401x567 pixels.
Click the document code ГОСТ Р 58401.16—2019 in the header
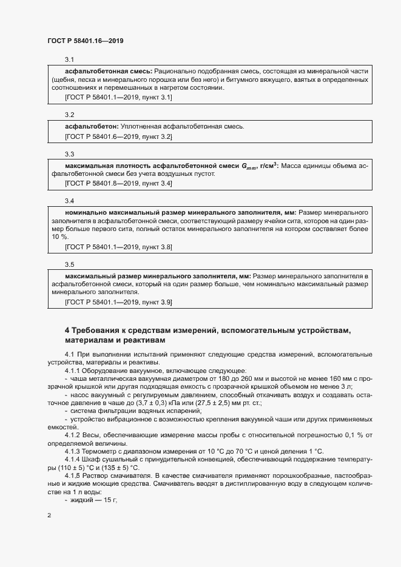pyautogui.click(x=85, y=41)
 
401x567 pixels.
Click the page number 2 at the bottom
pyautogui.click(x=49, y=515)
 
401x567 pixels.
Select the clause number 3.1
pyautogui.click(x=69, y=59)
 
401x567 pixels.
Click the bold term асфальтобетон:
pyautogui.click(x=92, y=126)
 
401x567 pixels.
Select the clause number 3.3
pyautogui.click(x=69, y=155)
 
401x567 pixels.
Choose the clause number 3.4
pyautogui.click(x=69, y=201)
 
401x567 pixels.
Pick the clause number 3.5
pyautogui.click(x=69, y=264)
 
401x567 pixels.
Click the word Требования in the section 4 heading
pyautogui.click(x=100, y=330)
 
